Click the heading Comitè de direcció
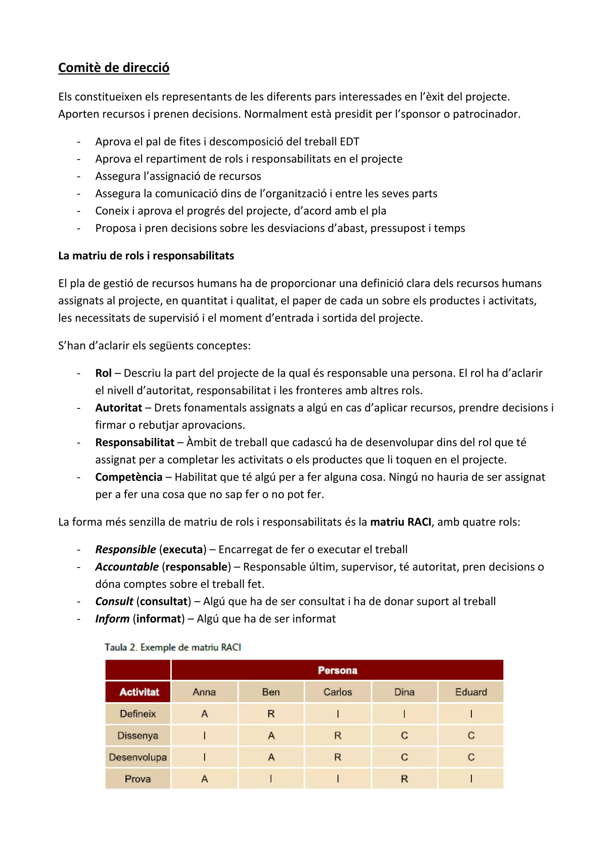click(114, 68)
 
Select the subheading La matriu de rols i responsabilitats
click(146, 256)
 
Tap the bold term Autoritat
click(118, 408)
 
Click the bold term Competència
click(128, 477)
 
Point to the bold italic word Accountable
click(127, 567)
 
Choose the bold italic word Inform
click(112, 619)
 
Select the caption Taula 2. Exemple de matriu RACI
click(173, 647)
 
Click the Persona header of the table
click(337, 670)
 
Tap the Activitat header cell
click(139, 692)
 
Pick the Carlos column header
click(337, 692)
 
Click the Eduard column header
click(471, 692)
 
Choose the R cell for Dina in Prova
click(404, 779)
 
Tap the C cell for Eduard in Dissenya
click(471, 735)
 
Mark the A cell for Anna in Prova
click(204, 779)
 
